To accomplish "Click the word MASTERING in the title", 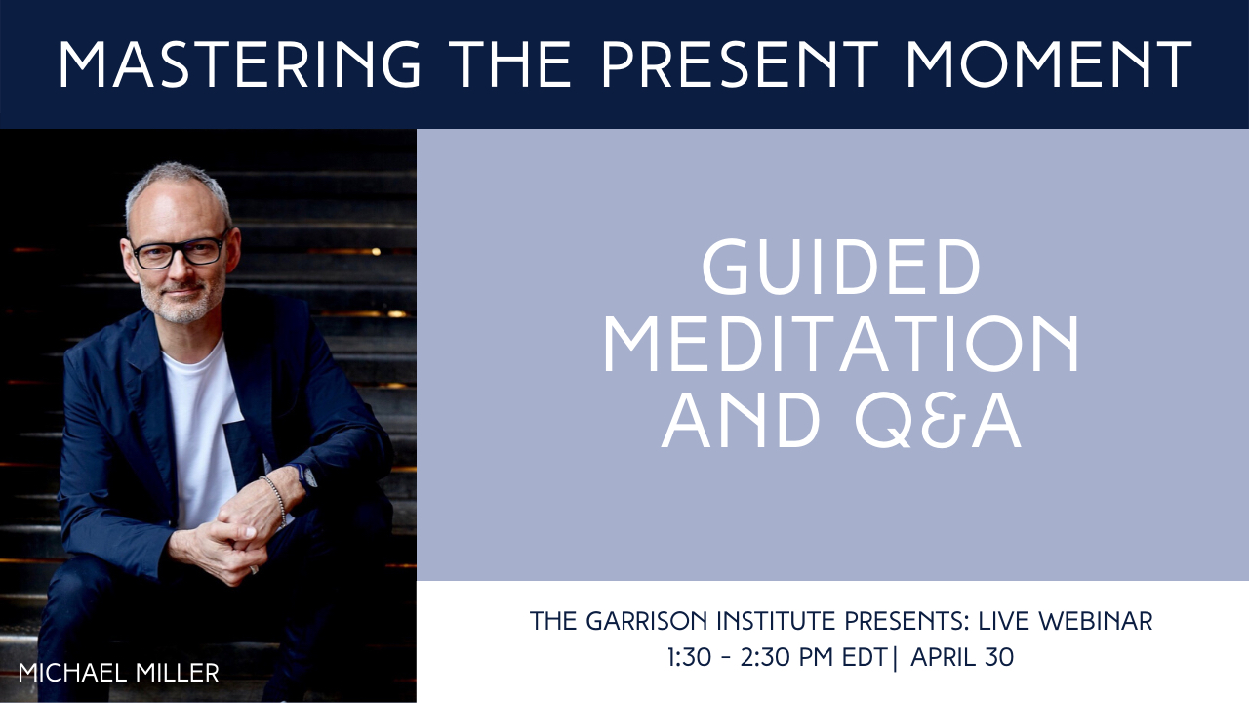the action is click(239, 64).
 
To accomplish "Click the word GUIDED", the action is click(841, 267).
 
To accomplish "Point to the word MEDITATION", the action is click(842, 345).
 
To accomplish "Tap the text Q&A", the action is click(938, 421).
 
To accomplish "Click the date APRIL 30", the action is click(962, 657).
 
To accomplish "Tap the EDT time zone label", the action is click(865, 657).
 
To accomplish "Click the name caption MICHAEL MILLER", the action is click(119, 673).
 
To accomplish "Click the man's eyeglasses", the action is click(179, 251).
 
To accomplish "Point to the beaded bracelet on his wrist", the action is click(275, 499).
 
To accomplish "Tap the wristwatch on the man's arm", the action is click(305, 477).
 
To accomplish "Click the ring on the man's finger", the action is click(254, 569).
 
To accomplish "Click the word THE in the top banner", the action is click(510, 64).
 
